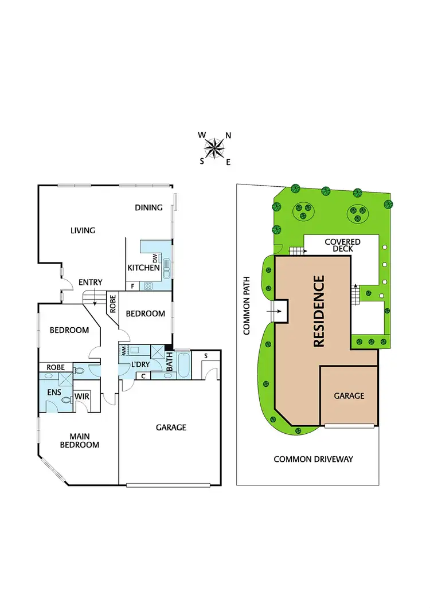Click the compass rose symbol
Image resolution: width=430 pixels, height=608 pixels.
point(215,148)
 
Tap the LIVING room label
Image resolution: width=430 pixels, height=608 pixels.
point(83,230)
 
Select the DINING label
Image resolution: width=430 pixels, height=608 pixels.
point(148,207)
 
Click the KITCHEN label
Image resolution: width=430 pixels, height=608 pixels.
point(143,268)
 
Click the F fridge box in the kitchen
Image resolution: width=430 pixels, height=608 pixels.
point(132,285)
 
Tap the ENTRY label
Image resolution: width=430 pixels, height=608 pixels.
point(91,282)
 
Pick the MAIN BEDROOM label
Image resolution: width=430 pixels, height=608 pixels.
point(80,440)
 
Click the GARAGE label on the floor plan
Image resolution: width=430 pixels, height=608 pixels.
point(171,427)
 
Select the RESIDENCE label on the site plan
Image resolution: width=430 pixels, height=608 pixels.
point(319,311)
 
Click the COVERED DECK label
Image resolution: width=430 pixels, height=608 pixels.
point(342,245)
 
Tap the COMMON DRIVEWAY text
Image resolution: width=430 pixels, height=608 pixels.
point(313,459)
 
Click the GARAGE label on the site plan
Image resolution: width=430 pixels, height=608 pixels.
point(349,395)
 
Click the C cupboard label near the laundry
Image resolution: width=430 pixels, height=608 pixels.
point(143,376)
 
